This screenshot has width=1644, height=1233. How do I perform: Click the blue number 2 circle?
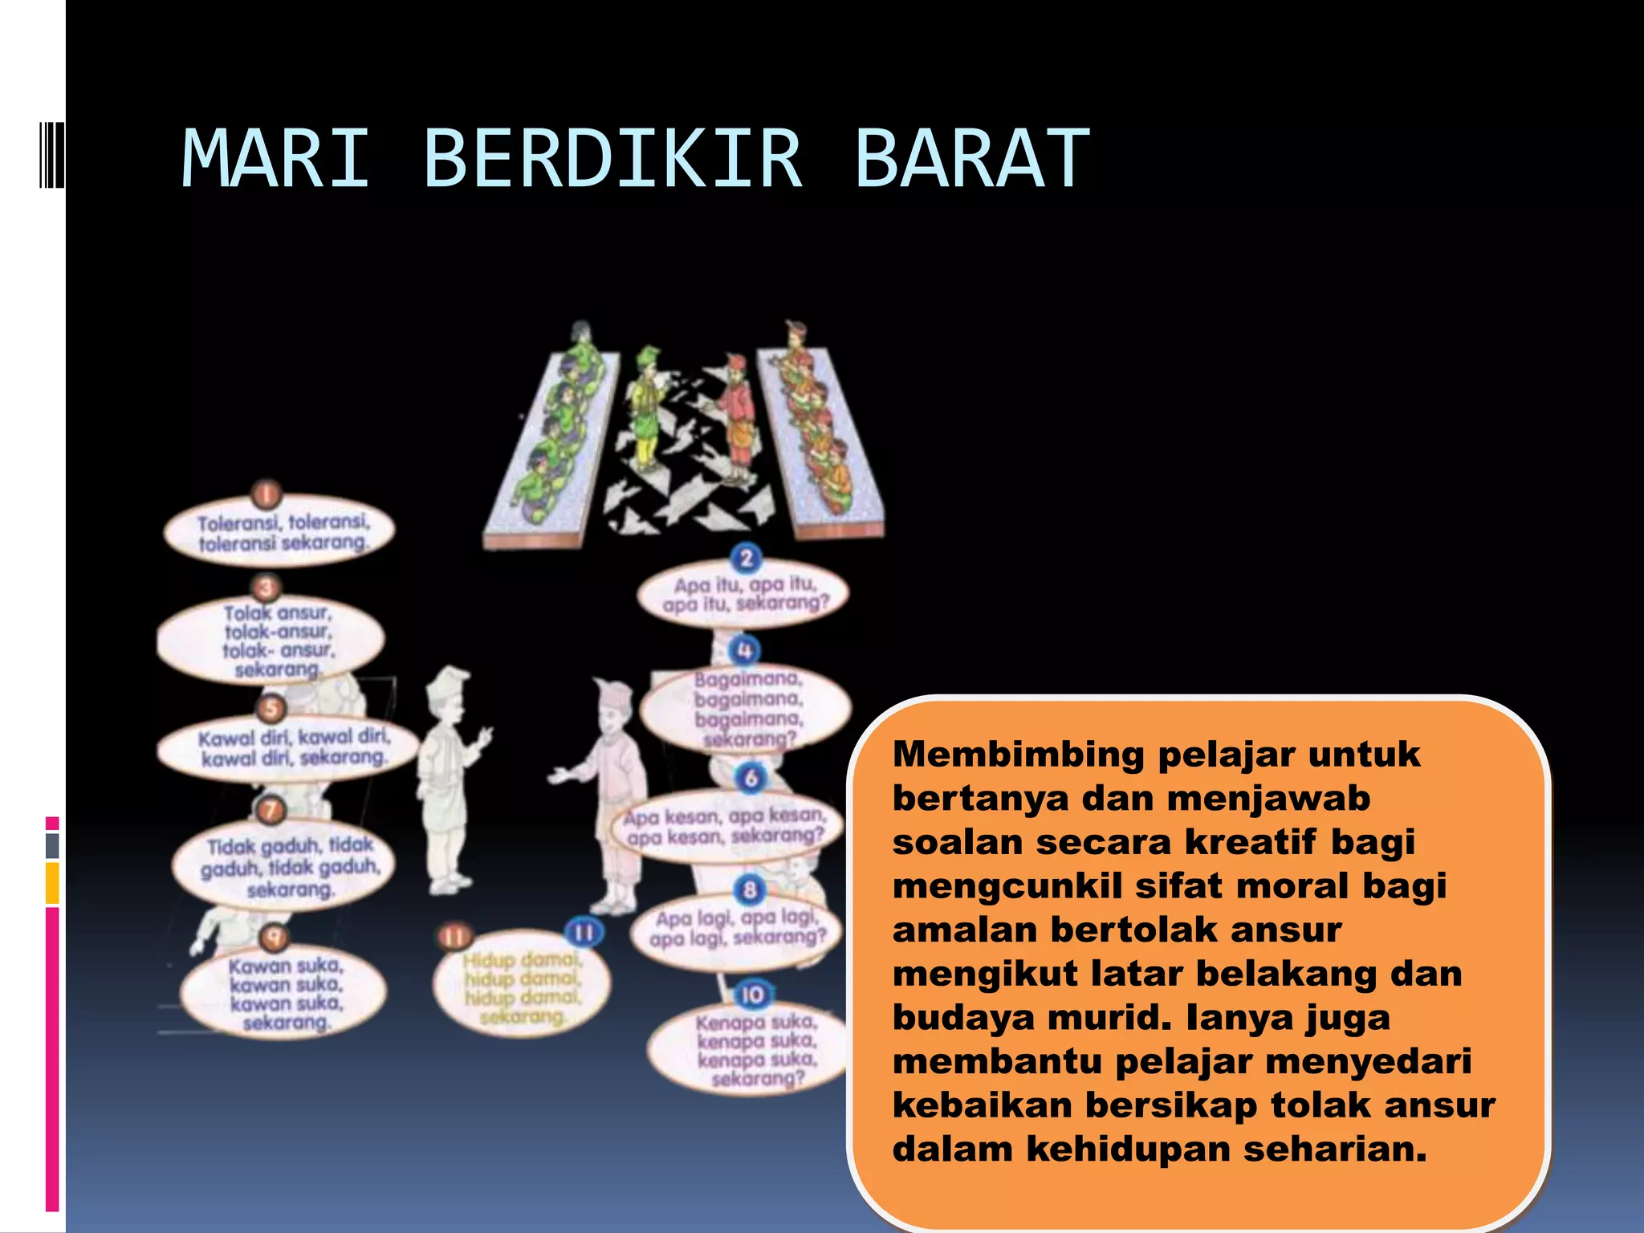[746, 558]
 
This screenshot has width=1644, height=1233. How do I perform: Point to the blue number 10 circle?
[752, 995]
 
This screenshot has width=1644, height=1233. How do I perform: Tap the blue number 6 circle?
[751, 777]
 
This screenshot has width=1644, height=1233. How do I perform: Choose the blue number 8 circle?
[749, 889]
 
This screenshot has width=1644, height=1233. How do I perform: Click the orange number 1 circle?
[267, 494]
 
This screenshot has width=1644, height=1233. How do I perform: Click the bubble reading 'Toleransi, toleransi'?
[280, 532]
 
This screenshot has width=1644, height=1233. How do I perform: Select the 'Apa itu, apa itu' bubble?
[743, 594]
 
